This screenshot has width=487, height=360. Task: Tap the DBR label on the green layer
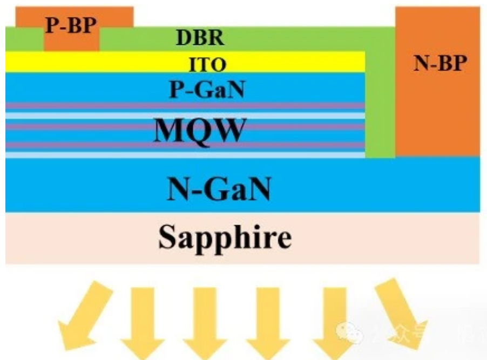(200, 39)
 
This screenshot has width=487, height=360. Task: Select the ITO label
(207, 65)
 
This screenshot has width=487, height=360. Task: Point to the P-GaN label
(207, 89)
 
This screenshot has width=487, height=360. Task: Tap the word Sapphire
(225, 237)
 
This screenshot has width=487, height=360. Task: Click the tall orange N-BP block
(437, 108)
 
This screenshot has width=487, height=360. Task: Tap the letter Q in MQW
(199, 131)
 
